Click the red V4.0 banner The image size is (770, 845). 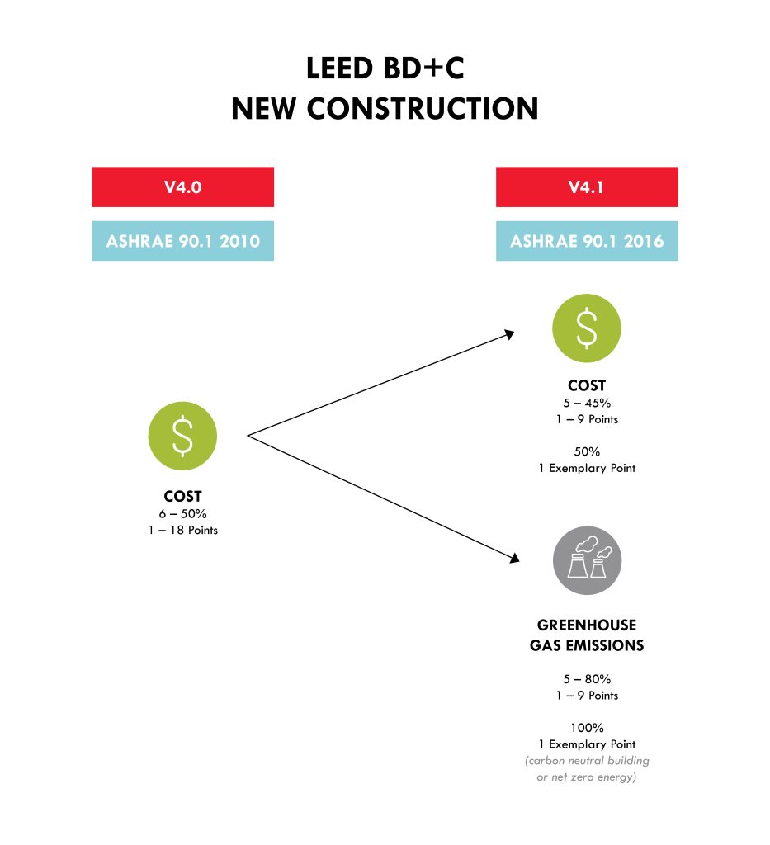182,187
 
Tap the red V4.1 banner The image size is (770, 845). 587,187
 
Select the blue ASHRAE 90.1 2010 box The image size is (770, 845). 182,241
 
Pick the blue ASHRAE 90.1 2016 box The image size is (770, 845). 587,241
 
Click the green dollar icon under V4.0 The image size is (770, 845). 182,436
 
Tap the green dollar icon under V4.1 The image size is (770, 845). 587,328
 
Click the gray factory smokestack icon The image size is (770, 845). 588,560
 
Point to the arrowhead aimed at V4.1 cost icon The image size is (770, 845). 509,335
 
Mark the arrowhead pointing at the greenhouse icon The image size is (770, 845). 515,559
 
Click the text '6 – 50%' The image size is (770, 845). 182,513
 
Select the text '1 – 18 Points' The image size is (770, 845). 182,531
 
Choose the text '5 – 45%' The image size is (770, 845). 587,403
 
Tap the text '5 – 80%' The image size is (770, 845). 587,679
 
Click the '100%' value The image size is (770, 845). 587,728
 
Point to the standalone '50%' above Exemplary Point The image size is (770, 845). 587,451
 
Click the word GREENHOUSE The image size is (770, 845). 587,625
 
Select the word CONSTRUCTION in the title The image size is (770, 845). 423,108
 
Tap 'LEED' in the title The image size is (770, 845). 339,68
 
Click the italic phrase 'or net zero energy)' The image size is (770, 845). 587,777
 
